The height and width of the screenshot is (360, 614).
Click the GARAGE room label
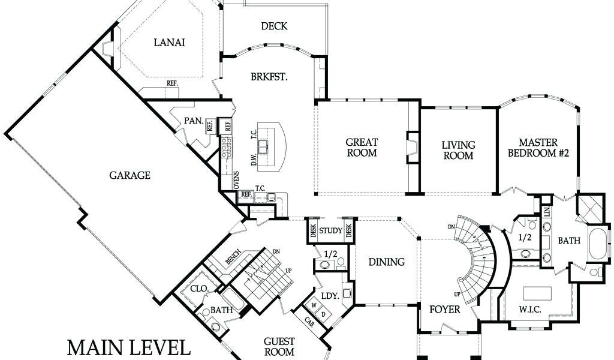tap(130, 175)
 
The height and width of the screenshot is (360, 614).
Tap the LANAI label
tap(169, 43)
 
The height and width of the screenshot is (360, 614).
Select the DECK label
tap(274, 26)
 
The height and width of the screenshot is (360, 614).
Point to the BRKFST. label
tap(269, 76)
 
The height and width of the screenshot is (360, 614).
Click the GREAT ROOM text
tap(362, 147)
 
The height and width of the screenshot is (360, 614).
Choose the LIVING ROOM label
tap(458, 151)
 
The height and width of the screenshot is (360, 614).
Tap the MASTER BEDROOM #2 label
tap(538, 148)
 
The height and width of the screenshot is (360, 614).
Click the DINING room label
tap(387, 262)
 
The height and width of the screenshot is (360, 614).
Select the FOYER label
tap(444, 310)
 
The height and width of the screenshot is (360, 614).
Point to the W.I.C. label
tap(530, 310)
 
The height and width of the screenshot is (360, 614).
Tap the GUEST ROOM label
tap(279, 347)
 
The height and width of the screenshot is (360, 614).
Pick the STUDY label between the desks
tap(330, 230)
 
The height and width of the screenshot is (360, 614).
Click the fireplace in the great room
tap(411, 147)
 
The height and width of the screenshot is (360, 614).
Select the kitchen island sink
tap(263, 146)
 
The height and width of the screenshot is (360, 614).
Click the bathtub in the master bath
tap(599, 244)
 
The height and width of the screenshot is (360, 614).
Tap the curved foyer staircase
tap(475, 259)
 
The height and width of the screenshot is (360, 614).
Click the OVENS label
tap(236, 181)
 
